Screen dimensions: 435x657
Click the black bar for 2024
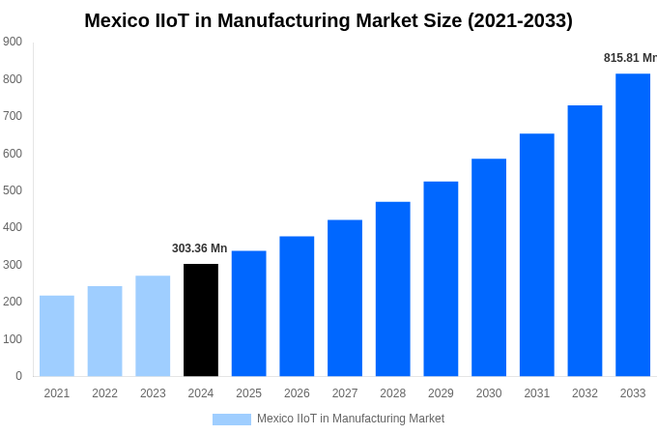pyautogui.click(x=201, y=320)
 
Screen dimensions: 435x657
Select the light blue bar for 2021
pyautogui.click(x=57, y=335)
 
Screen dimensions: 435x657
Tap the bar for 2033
pyautogui.click(x=633, y=224)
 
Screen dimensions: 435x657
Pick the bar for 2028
pyautogui.click(x=393, y=289)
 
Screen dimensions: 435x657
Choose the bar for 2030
pyautogui.click(x=489, y=267)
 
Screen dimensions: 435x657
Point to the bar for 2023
pyautogui.click(x=153, y=326)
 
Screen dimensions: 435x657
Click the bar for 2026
pyautogui.click(x=297, y=306)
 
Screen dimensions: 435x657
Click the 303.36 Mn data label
pyautogui.click(x=200, y=248)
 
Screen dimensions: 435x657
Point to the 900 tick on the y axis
pyautogui.click(x=13, y=42)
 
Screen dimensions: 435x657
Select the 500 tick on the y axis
pyautogui.click(x=13, y=190)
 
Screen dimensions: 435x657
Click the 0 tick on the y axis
pyautogui.click(x=18, y=376)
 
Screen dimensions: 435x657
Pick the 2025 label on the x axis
pyautogui.click(x=248, y=393)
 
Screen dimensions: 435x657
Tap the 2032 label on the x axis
pyautogui.click(x=585, y=393)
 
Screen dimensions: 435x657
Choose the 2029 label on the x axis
pyautogui.click(x=441, y=393)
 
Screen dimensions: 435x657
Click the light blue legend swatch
pyautogui.click(x=231, y=420)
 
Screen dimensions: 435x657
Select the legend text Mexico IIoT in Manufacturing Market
pyautogui.click(x=351, y=419)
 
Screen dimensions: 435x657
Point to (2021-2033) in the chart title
pyautogui.click(x=520, y=20)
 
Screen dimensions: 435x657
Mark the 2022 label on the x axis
pyautogui.click(x=104, y=393)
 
